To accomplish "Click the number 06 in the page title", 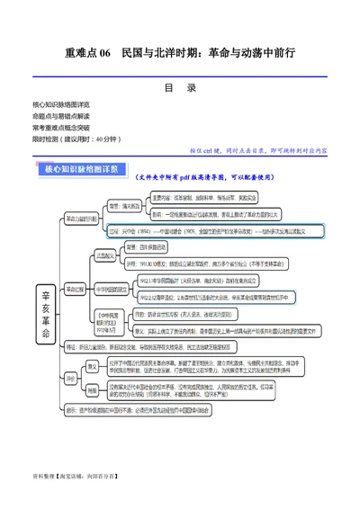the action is tap(100, 54).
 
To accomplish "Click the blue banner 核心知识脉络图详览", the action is tap(85, 168).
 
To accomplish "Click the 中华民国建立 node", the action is tap(112, 290).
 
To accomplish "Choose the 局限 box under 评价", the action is tap(93, 390).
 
